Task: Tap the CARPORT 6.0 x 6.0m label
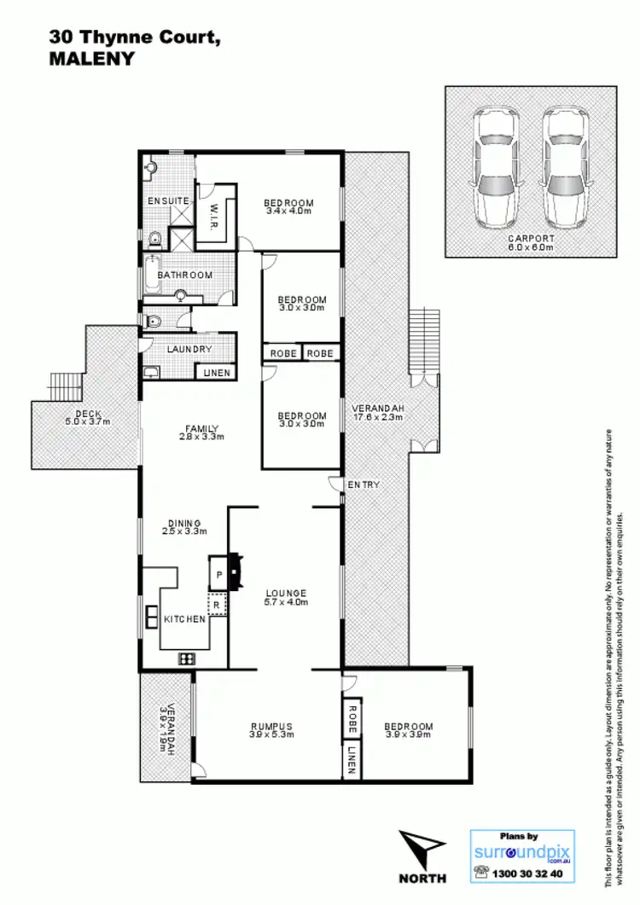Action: (x=531, y=243)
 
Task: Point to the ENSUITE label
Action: (x=168, y=200)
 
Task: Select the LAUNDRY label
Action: (x=189, y=350)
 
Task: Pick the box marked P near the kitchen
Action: (x=219, y=575)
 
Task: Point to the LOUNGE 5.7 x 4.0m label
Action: (x=286, y=597)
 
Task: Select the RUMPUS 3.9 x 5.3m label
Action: (x=271, y=730)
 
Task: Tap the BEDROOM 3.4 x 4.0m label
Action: (x=290, y=206)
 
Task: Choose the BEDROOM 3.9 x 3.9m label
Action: (x=409, y=730)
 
